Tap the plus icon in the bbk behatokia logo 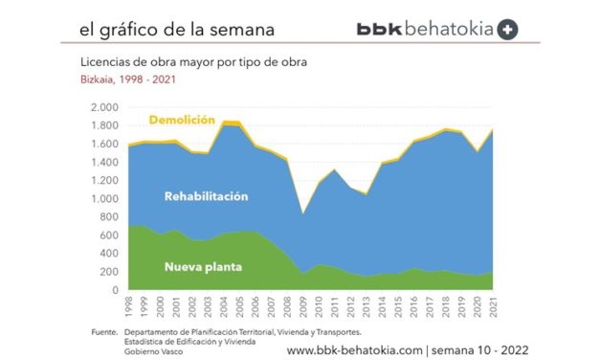(x=508, y=29)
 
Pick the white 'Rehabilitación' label (x=206, y=196)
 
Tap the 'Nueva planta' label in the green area (x=202, y=265)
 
